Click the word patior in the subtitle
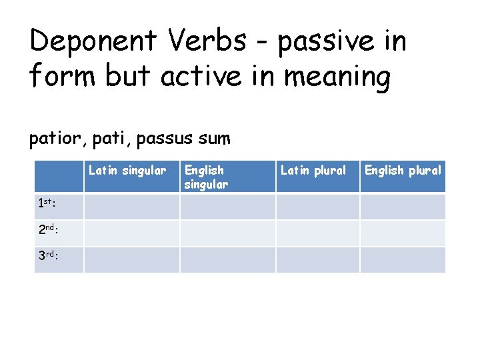[x=55, y=139]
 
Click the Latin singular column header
[x=127, y=171]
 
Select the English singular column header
[x=206, y=177]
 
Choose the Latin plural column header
[x=313, y=171]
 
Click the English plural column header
[x=403, y=171]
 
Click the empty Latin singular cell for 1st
[x=131, y=207]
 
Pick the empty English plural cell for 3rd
[x=403, y=260]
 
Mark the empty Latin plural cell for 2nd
[x=318, y=233]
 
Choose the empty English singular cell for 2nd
[x=227, y=233]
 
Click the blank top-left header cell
[x=59, y=177]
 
